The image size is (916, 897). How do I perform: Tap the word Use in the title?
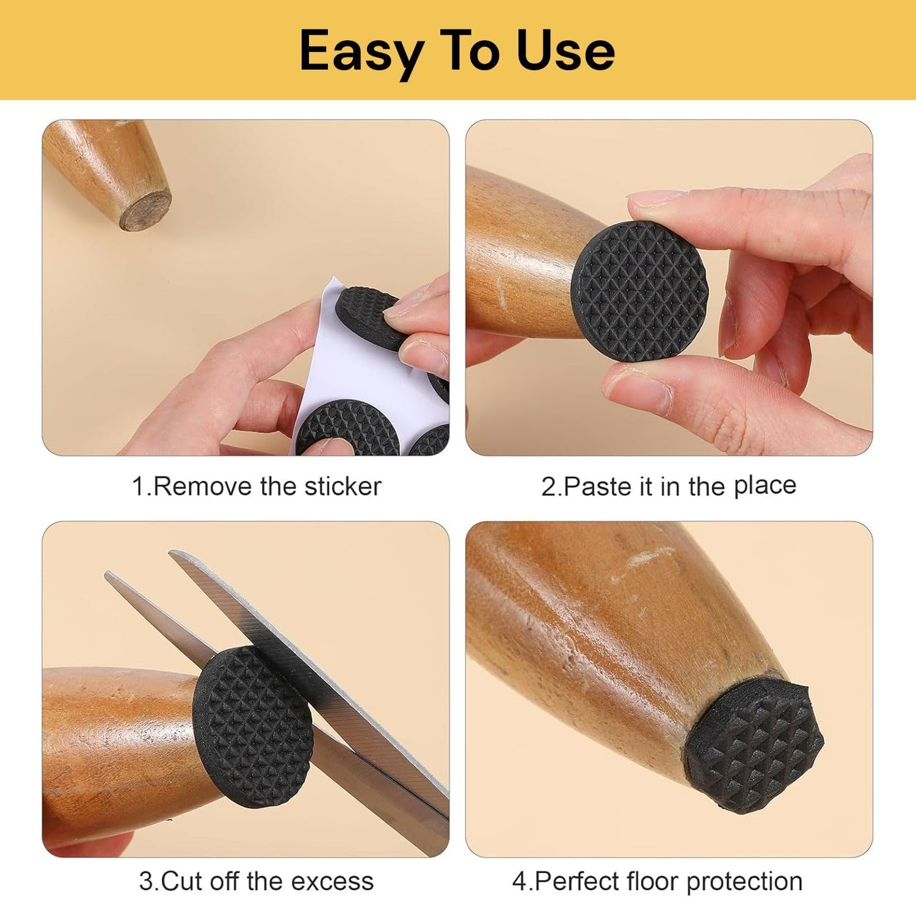tap(565, 51)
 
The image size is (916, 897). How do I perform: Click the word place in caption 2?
tap(765, 485)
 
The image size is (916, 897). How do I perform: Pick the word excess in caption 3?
tap(332, 881)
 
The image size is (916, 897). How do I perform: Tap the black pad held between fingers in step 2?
tap(640, 282)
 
